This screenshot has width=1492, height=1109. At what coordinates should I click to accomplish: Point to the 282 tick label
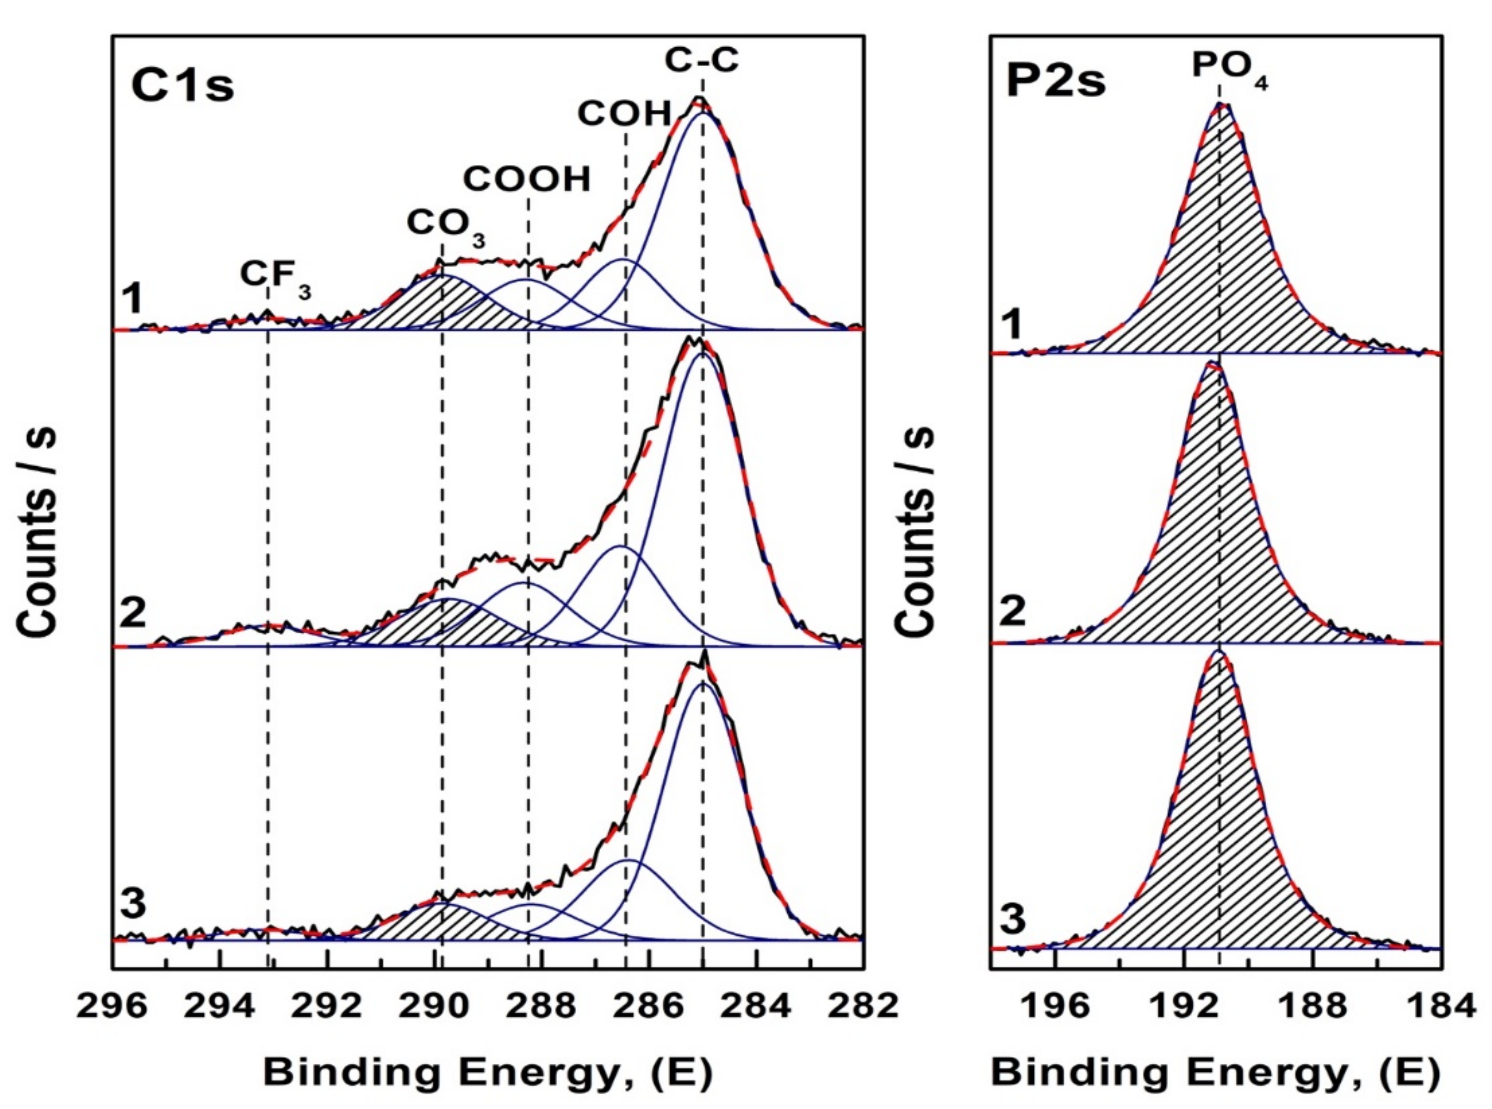coord(863,1006)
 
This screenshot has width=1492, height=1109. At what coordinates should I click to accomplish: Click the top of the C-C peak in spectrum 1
coord(699,98)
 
